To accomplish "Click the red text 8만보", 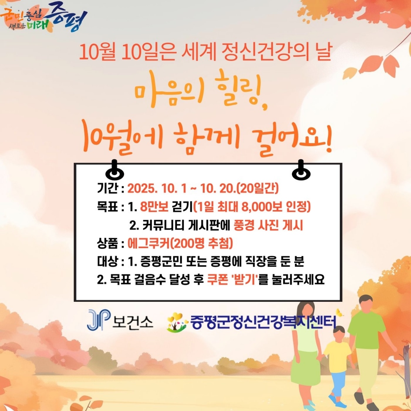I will pyautogui.click(x=154, y=207).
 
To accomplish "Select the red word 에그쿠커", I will pyautogui.click(x=149, y=243).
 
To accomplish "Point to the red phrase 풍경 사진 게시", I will pyautogui.click(x=268, y=225).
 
